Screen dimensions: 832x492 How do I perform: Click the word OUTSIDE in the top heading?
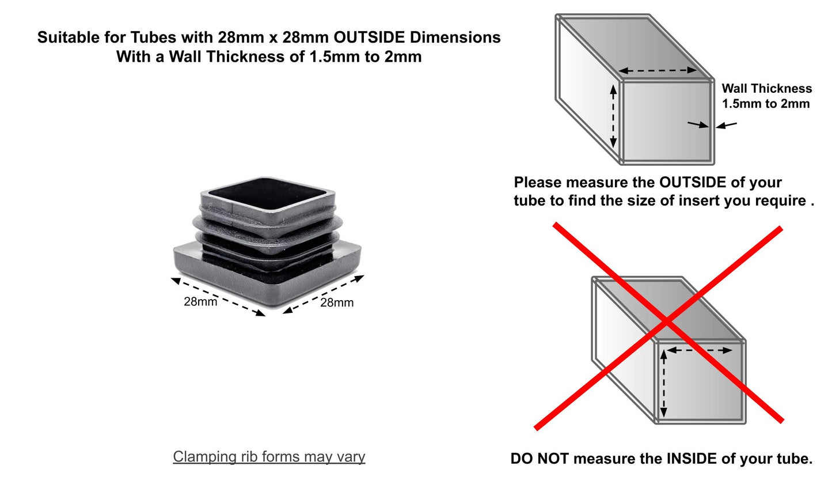[x=369, y=37]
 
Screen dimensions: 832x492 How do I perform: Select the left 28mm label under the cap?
[x=200, y=301]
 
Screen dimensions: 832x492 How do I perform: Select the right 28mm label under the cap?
[x=336, y=302]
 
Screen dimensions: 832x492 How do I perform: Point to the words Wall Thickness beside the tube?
[x=766, y=89]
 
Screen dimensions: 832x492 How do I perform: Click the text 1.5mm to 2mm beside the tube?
[x=766, y=104]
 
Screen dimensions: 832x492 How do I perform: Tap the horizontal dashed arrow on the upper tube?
[x=658, y=70]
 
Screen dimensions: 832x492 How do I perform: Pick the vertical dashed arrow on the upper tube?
[x=613, y=116]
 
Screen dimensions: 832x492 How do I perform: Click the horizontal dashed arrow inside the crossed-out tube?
[x=700, y=350]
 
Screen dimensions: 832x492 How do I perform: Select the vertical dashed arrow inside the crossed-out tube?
[x=664, y=384]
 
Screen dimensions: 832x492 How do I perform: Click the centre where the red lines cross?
[x=667, y=322]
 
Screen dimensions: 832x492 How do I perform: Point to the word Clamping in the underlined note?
[x=204, y=457]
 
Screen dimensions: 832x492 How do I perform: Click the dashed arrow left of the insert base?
[x=218, y=297]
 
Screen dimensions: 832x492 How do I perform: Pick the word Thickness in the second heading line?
[x=257, y=56]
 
